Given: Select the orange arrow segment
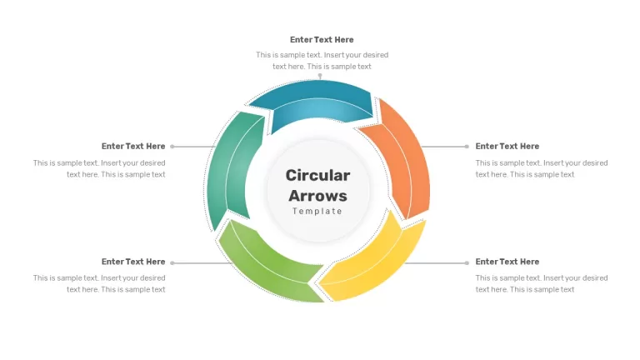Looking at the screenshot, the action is click(x=402, y=159).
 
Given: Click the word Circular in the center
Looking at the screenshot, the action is click(x=317, y=176).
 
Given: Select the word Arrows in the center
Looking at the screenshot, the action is click(x=317, y=196).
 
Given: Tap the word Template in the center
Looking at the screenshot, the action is click(x=317, y=211).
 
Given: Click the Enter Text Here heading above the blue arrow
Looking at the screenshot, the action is click(x=322, y=40).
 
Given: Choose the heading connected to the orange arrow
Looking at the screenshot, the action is click(x=507, y=146).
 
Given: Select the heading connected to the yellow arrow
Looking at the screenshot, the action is click(x=507, y=262).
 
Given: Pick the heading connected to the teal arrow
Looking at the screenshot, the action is click(x=133, y=146).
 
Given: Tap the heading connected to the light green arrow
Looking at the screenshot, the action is click(x=133, y=262).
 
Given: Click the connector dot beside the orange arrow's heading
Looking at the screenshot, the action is click(x=467, y=147).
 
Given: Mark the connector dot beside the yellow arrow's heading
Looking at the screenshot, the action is click(x=467, y=262).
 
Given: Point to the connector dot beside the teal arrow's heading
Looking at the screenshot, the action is click(x=172, y=147).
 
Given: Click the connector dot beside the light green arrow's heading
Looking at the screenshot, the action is click(x=172, y=262).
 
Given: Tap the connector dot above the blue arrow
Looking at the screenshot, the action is click(x=320, y=76).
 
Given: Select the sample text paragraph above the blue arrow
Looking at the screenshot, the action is click(x=322, y=60).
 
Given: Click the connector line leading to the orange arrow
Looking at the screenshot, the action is click(x=444, y=147).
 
